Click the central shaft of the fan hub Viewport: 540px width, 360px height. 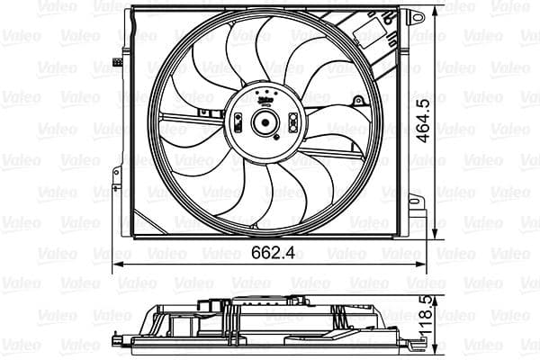point(265,123)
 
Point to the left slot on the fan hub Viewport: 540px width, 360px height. point(238,121)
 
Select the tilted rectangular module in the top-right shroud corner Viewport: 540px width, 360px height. point(370,36)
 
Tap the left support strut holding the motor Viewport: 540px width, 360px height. point(193,118)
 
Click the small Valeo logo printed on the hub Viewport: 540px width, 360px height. point(265,102)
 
